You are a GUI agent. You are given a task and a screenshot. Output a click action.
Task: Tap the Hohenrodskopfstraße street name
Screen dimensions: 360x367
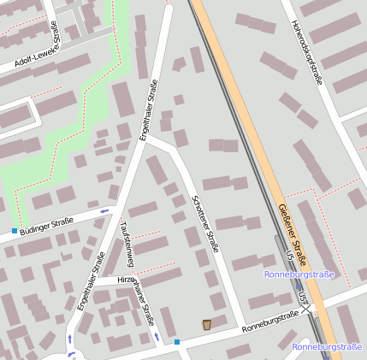(x=305, y=52)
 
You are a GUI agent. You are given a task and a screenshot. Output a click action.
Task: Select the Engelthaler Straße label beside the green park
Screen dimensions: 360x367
(x=151, y=109)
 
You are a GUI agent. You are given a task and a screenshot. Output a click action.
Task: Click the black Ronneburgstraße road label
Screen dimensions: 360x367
(x=270, y=321)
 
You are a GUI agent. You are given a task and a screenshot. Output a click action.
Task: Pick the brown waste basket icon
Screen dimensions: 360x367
(x=207, y=324)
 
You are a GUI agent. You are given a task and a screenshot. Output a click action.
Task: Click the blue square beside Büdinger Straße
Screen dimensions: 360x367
(x=15, y=232)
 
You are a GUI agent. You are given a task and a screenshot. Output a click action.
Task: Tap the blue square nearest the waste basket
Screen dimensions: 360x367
(x=177, y=342)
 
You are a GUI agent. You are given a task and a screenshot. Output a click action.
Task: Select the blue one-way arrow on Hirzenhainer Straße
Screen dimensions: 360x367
(x=157, y=337)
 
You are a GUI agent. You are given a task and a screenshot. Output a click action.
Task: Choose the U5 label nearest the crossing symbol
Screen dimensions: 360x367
(x=302, y=294)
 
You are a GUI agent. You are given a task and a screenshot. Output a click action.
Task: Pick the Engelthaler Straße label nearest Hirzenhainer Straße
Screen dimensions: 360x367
(x=91, y=280)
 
